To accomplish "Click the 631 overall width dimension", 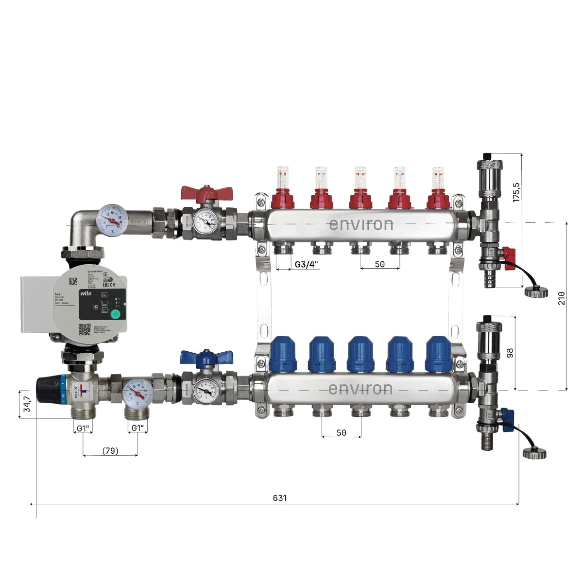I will (279, 498).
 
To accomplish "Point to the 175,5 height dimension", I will (516, 192).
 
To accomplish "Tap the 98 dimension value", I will (510, 353).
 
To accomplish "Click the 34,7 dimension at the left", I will (27, 404).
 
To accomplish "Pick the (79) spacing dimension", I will (110, 450).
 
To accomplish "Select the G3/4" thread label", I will (307, 264).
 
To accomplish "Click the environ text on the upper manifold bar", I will (361, 224).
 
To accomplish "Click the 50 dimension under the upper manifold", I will (380, 264).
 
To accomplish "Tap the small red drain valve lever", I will (508, 254).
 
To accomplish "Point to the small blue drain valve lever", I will (508, 417).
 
